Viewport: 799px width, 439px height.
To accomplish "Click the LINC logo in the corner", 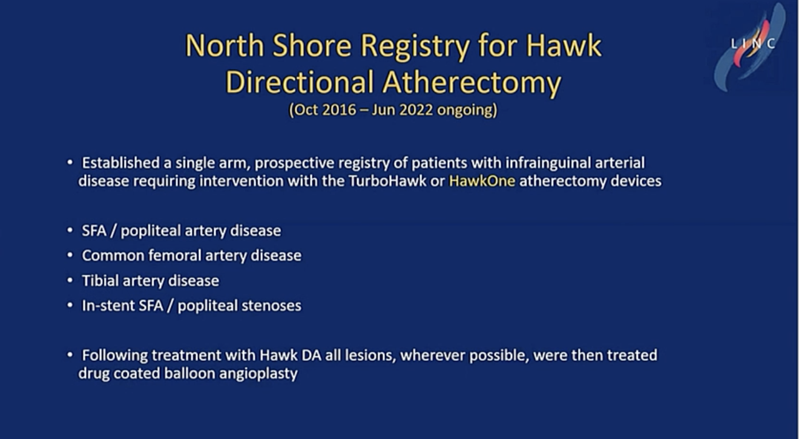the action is click(751, 47).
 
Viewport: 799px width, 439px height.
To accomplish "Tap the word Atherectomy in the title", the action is click(472, 83).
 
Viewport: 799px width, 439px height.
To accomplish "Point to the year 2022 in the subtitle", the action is click(416, 110).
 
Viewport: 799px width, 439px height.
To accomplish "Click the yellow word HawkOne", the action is click(482, 181).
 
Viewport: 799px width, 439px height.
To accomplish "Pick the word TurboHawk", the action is click(387, 181).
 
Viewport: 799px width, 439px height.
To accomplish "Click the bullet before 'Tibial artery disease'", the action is click(70, 281).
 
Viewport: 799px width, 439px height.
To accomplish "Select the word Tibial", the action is click(100, 281).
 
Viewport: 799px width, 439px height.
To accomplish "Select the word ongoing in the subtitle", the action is click(467, 110).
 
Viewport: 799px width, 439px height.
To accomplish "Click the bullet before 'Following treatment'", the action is click(70, 356).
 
